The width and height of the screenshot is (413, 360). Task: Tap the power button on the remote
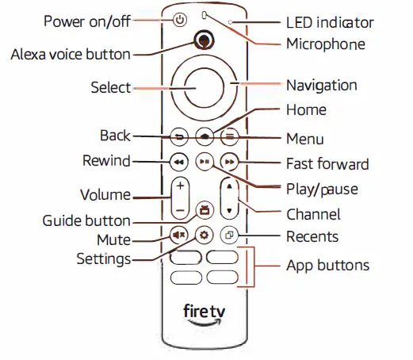(179, 19)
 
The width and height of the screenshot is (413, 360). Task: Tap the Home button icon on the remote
(205, 136)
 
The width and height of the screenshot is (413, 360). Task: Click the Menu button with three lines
(230, 136)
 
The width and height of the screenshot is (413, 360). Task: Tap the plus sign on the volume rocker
(180, 188)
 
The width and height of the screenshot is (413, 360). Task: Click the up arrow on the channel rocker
(230, 188)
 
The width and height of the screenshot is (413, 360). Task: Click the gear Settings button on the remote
(205, 236)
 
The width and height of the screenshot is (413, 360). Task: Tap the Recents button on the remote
(230, 236)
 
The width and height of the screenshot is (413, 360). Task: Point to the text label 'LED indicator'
(328, 21)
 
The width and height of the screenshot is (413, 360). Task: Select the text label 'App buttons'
(327, 265)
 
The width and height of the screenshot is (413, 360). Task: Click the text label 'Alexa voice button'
(70, 55)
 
